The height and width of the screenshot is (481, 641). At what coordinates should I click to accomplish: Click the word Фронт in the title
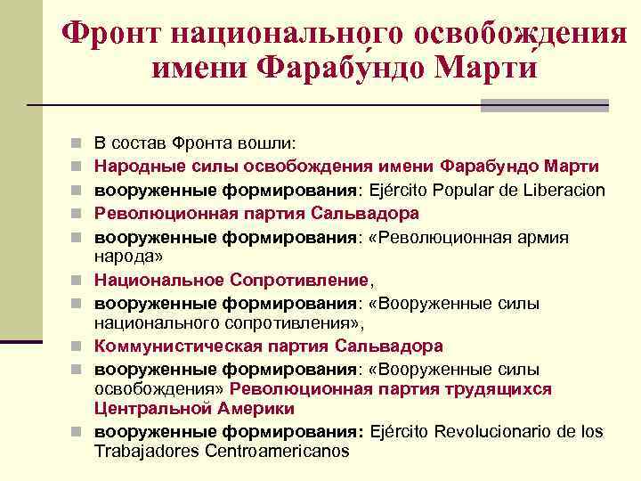(112, 33)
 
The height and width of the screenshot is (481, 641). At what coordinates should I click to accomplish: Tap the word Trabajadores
(146, 451)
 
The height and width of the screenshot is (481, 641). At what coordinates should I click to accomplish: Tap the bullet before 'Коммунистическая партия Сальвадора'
(79, 346)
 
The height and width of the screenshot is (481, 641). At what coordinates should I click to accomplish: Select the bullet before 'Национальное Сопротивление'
(79, 281)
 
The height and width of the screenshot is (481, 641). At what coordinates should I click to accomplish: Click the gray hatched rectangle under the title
(544, 105)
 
